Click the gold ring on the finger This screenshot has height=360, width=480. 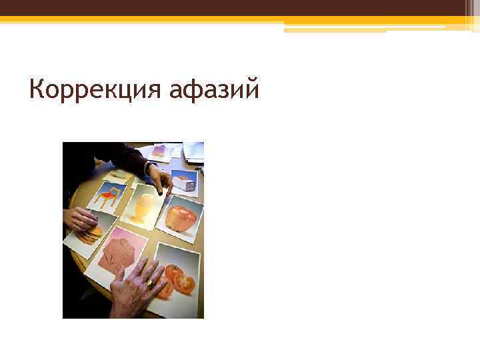pyautogui.click(x=151, y=283)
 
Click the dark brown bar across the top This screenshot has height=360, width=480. pyautogui.click(x=240, y=7)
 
